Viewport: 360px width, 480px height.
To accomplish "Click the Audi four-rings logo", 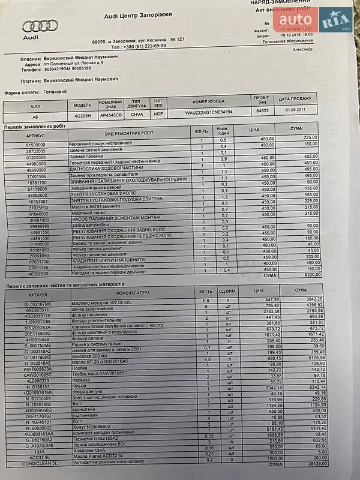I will [x=40, y=26].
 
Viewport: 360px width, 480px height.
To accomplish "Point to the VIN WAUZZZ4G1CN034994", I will [x=209, y=112].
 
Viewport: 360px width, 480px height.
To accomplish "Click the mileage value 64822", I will [x=262, y=112].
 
